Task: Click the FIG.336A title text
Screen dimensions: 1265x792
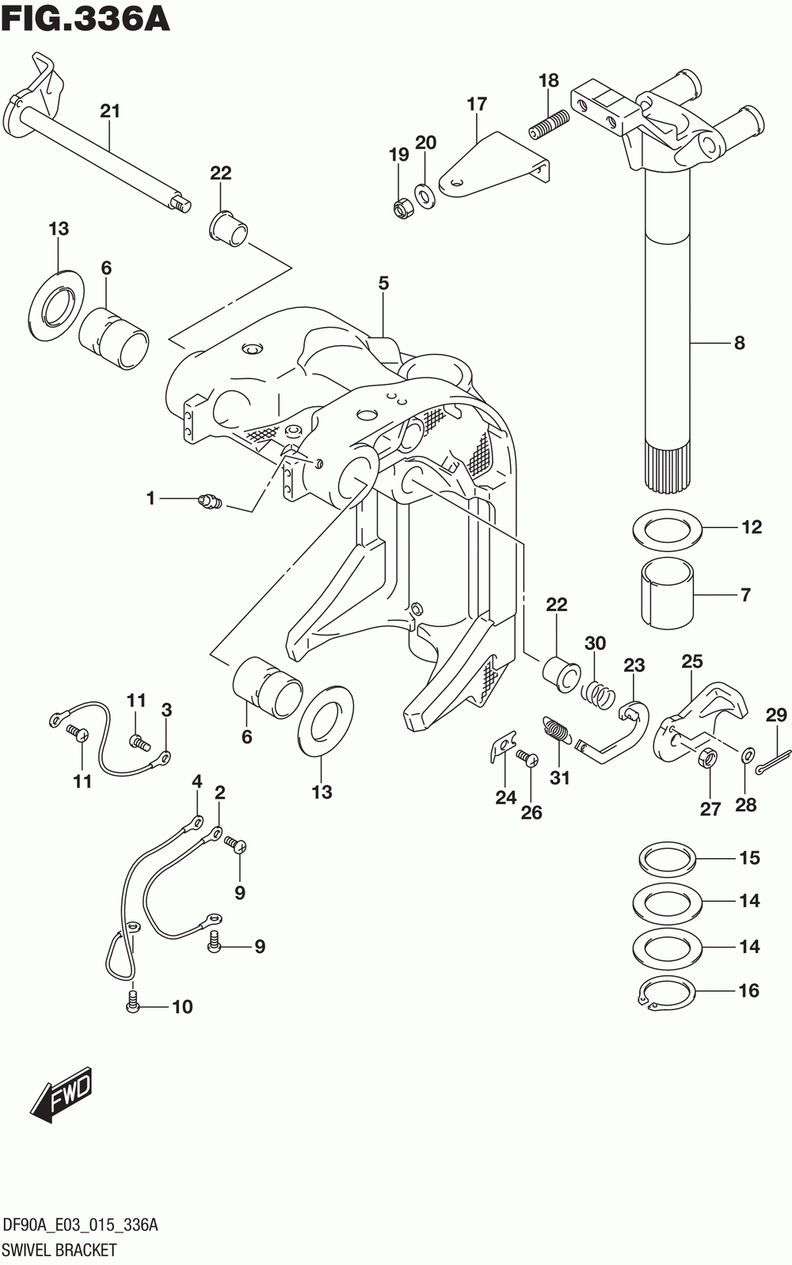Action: (86, 19)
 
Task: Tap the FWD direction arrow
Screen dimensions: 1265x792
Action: (61, 1096)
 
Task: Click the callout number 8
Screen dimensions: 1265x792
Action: (739, 343)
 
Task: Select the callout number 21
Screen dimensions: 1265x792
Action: (110, 111)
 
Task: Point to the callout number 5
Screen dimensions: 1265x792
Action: (383, 283)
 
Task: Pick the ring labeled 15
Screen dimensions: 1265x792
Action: (667, 858)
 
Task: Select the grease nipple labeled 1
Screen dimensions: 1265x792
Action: (211, 501)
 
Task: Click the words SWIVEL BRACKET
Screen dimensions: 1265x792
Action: (60, 1250)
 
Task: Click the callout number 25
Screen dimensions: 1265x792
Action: (692, 661)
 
